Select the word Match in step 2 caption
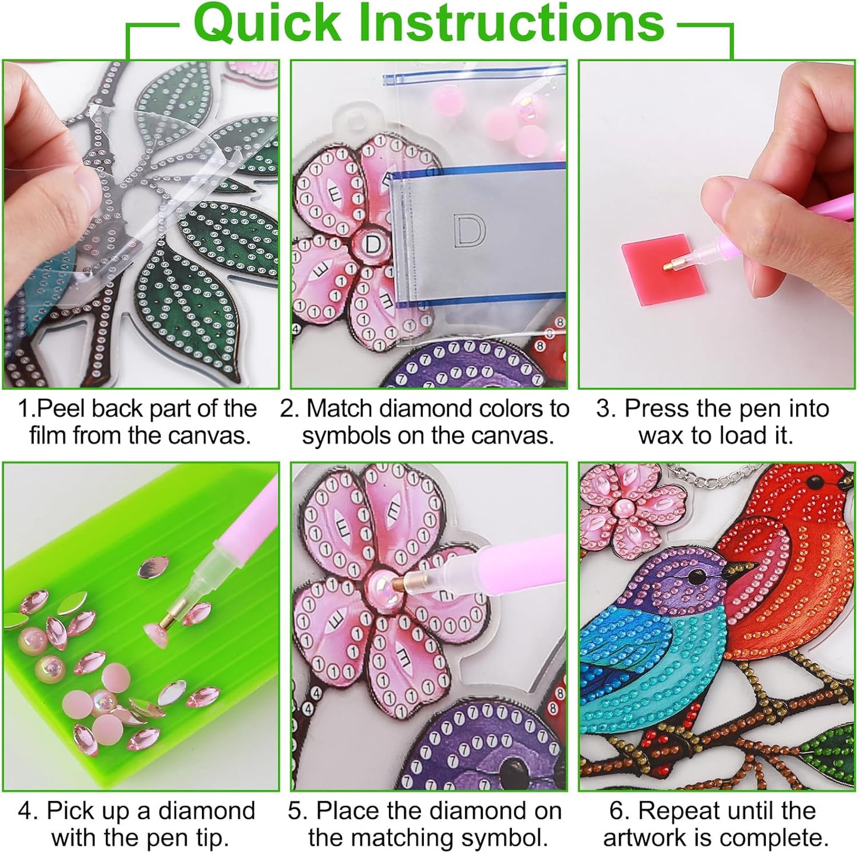tap(340, 409)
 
